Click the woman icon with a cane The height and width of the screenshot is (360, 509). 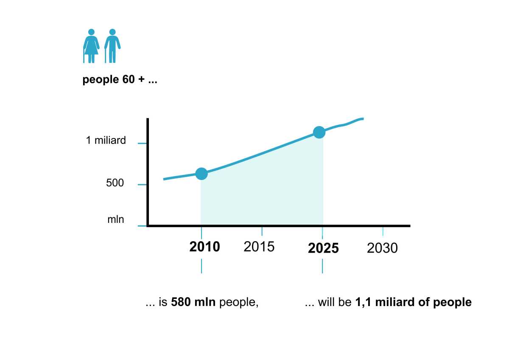tap(90, 46)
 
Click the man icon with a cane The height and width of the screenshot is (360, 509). tap(112, 46)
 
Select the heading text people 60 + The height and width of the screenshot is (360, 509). tap(120, 80)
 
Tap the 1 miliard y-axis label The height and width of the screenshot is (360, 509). tap(106, 141)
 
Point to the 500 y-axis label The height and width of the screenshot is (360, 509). tap(115, 183)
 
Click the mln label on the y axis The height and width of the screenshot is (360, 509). tap(116, 219)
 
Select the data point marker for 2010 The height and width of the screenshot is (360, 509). tap(201, 174)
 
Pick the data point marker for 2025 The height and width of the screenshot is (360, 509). tap(319, 132)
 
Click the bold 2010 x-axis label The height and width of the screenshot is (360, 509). tap(205, 247)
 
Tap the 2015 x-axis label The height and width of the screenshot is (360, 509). tap(259, 247)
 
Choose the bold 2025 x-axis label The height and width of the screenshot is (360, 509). tap(323, 248)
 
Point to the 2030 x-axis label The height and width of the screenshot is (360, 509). tap(382, 248)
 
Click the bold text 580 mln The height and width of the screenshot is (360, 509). tap(194, 303)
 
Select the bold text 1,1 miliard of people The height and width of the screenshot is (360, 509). tap(413, 303)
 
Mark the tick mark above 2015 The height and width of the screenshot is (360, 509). tap(262, 231)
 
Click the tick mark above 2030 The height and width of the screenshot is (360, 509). tap(383, 231)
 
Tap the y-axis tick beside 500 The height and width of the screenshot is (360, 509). tap(142, 185)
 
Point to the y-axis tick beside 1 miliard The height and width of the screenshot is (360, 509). tap(142, 143)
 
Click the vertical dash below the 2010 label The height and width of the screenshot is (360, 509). tap(201, 266)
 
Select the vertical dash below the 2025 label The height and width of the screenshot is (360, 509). tap(322, 266)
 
